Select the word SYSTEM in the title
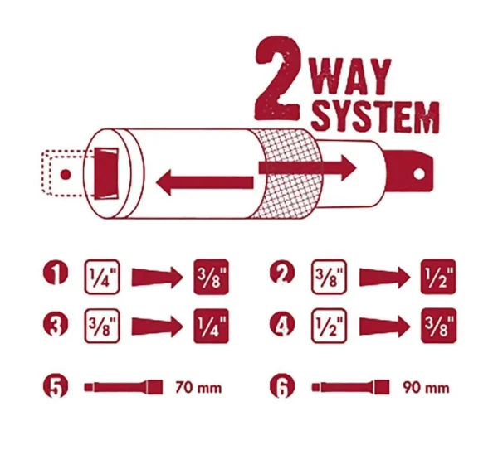point(375,118)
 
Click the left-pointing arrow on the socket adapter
point(204,181)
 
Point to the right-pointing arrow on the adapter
point(308,167)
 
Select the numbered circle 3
point(55,323)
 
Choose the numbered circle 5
point(55,386)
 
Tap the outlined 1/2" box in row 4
point(328,323)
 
